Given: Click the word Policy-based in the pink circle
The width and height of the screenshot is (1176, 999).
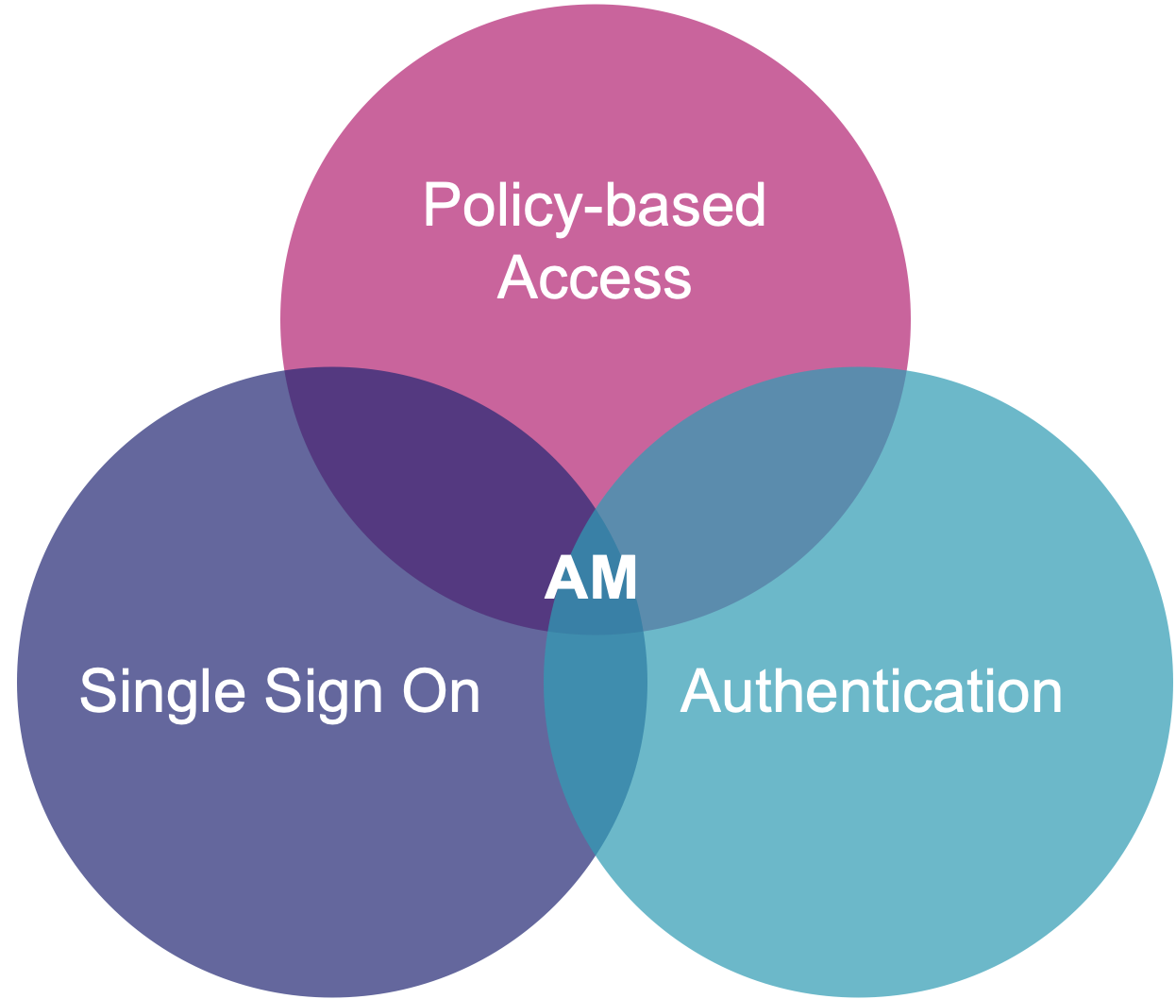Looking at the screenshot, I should coord(594,205).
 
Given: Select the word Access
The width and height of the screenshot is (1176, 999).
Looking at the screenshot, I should coord(594,278).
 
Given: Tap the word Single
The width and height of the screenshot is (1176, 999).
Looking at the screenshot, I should coord(161,692).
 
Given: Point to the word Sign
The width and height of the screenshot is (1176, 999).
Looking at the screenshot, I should coord(324,692).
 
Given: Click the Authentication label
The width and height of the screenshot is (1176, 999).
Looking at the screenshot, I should coord(870,691).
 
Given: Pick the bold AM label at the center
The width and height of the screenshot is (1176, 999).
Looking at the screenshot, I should coord(591,577).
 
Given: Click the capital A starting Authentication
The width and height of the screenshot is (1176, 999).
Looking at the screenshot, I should coord(699,691).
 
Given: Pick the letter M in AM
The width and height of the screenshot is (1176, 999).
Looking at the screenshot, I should coord(614,577).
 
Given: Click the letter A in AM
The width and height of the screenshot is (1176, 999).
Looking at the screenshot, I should coord(566,577).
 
